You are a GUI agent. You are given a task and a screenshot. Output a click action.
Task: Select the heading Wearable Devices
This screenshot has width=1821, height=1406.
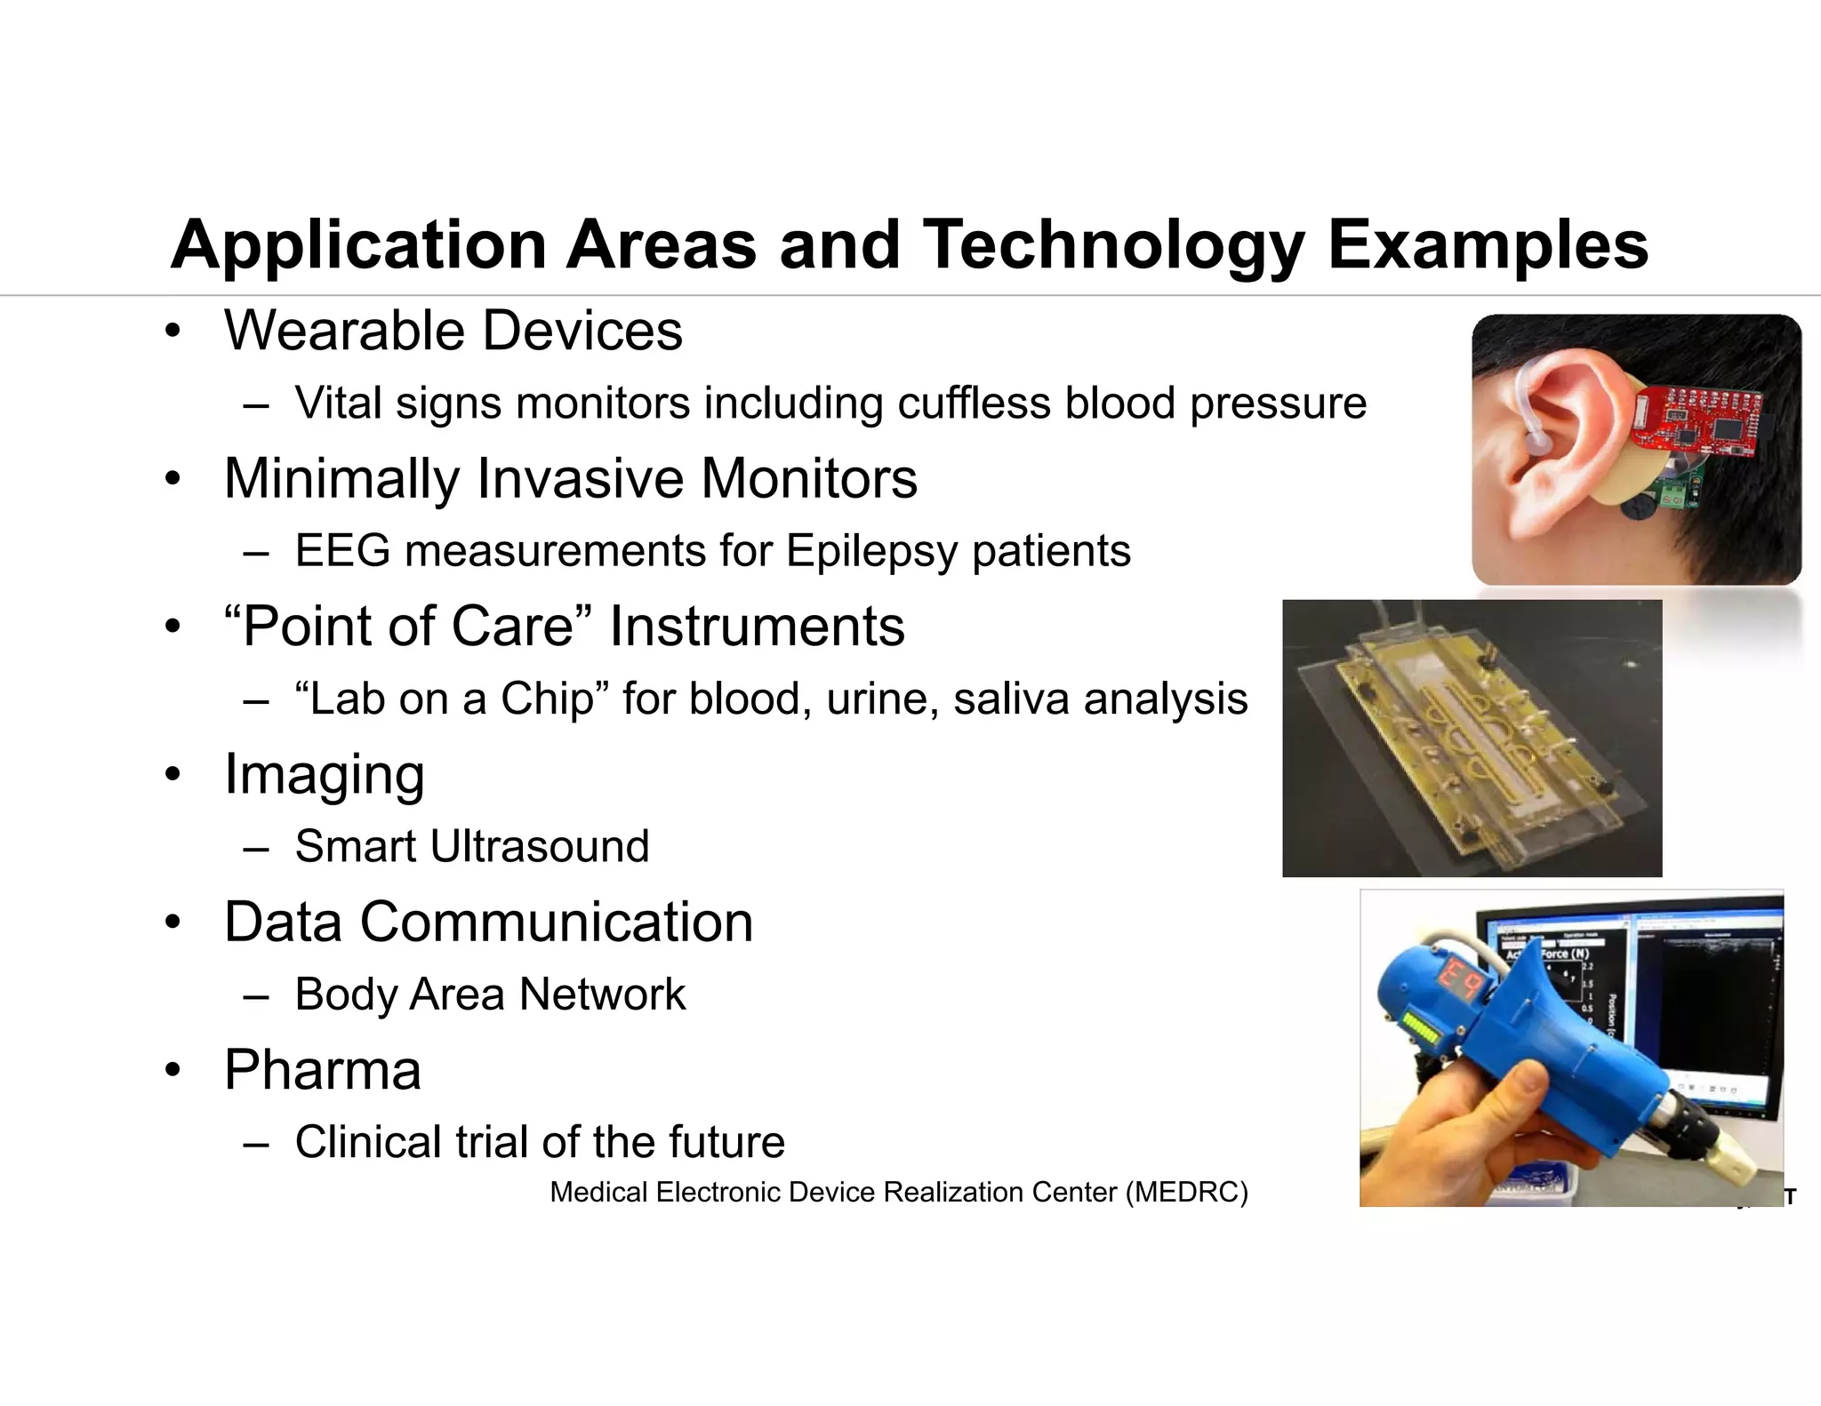coord(453,331)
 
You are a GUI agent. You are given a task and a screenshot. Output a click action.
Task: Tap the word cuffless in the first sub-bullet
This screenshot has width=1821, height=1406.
coord(974,403)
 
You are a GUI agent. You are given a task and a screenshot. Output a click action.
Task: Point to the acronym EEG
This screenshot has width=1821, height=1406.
coord(342,550)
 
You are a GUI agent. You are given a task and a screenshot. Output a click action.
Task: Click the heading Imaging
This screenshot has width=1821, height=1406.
coord(325,774)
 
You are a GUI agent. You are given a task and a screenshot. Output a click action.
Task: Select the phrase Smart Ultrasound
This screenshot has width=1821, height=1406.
coord(472,846)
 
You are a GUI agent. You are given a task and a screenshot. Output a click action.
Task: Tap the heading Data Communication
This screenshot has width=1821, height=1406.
coord(488,922)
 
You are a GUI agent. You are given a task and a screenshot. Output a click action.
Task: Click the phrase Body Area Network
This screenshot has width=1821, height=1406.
coord(490,994)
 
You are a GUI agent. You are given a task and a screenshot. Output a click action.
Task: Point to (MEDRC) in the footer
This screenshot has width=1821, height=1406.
coord(1186,1192)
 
